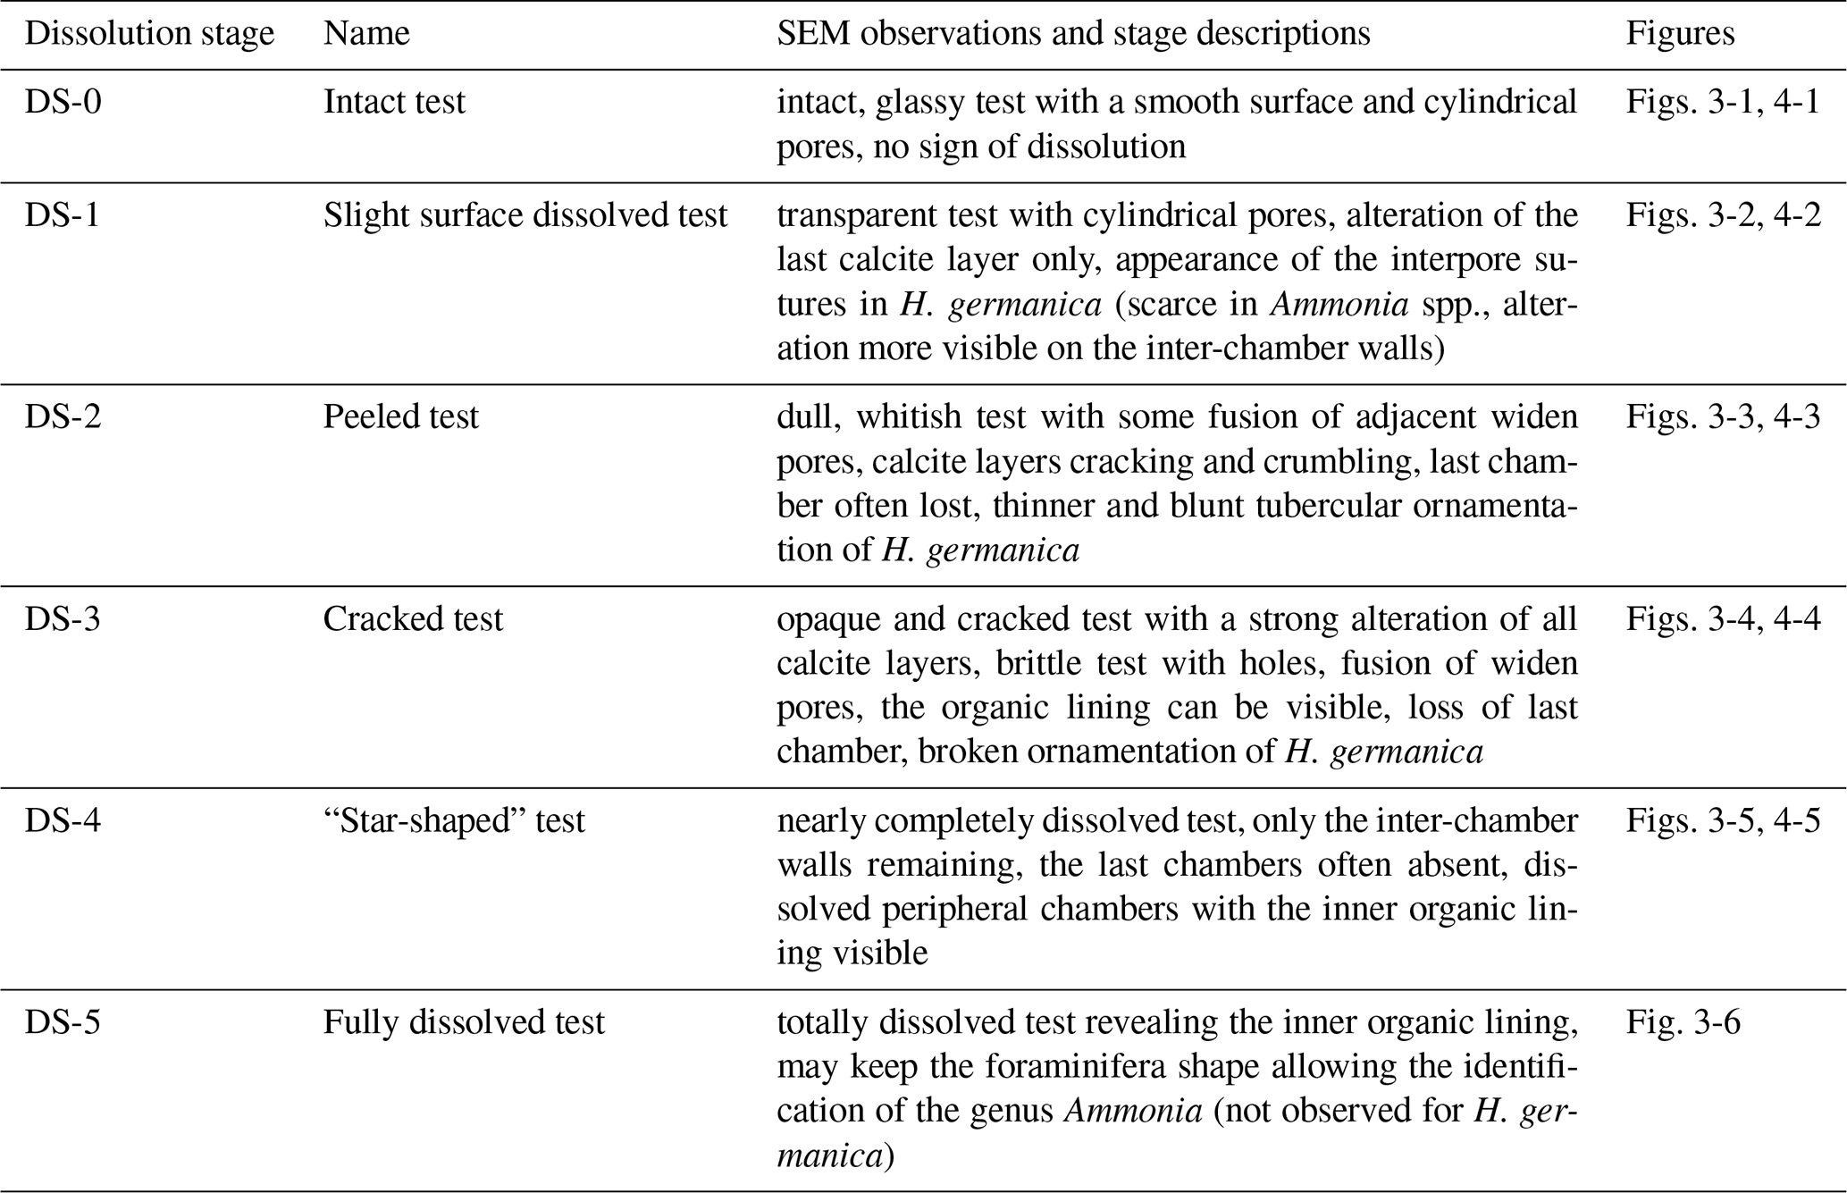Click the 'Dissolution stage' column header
[x=149, y=34]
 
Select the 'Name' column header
[x=366, y=34]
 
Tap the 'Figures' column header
[x=1680, y=34]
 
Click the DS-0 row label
[x=63, y=102]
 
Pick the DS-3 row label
[x=63, y=619]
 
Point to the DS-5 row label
[x=63, y=1022]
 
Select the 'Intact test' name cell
[x=394, y=102]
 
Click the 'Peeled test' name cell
[x=401, y=417]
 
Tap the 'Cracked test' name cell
[x=413, y=619]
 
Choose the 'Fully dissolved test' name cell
[x=464, y=1022]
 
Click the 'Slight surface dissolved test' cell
[x=525, y=215]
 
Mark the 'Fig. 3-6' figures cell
[x=1683, y=1022]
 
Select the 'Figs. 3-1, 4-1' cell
[x=1723, y=102]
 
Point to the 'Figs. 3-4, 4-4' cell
[x=1723, y=619]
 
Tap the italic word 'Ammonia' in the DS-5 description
[x=1132, y=1111]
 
